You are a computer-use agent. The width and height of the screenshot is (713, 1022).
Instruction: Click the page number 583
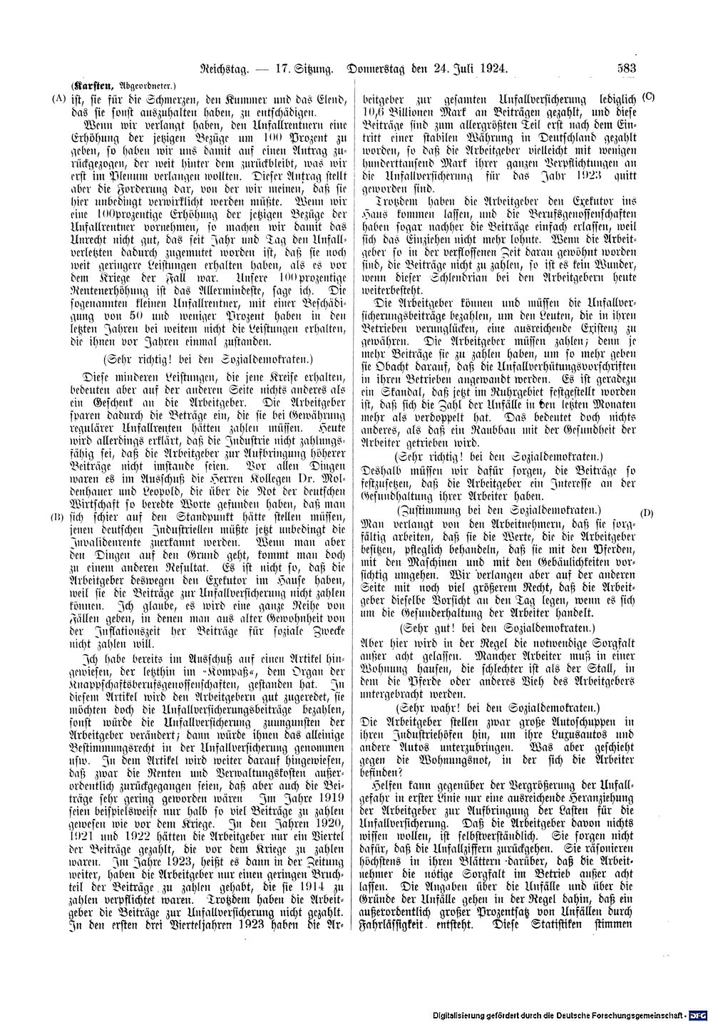click(627, 69)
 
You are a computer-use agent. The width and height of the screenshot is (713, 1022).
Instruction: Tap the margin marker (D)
click(647, 512)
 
